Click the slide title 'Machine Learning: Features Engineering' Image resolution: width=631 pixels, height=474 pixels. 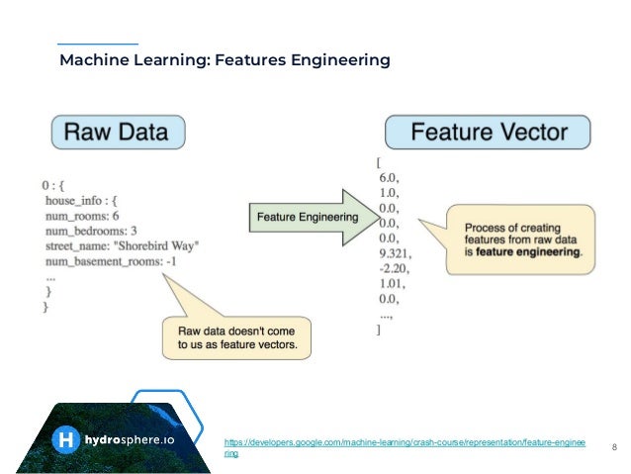tap(225, 61)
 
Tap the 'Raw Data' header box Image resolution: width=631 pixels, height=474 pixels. tap(118, 131)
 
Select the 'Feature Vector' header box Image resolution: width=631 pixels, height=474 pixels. tap(489, 132)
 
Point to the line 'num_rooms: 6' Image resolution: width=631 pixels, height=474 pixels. tap(82, 215)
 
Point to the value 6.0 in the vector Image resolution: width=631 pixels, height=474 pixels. tap(391, 178)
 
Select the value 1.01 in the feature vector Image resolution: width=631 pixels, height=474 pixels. tap(393, 282)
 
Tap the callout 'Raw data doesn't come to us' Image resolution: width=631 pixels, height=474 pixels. tap(242, 336)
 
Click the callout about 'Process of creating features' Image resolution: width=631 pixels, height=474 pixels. tap(522, 238)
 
